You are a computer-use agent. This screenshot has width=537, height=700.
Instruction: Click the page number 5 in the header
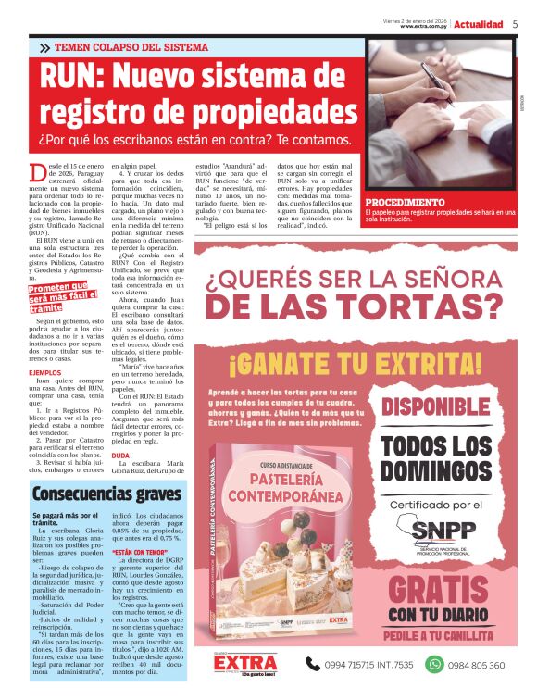point(515,24)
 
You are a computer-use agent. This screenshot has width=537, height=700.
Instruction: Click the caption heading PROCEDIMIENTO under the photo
point(406,202)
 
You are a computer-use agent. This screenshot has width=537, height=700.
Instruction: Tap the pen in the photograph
point(432,74)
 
